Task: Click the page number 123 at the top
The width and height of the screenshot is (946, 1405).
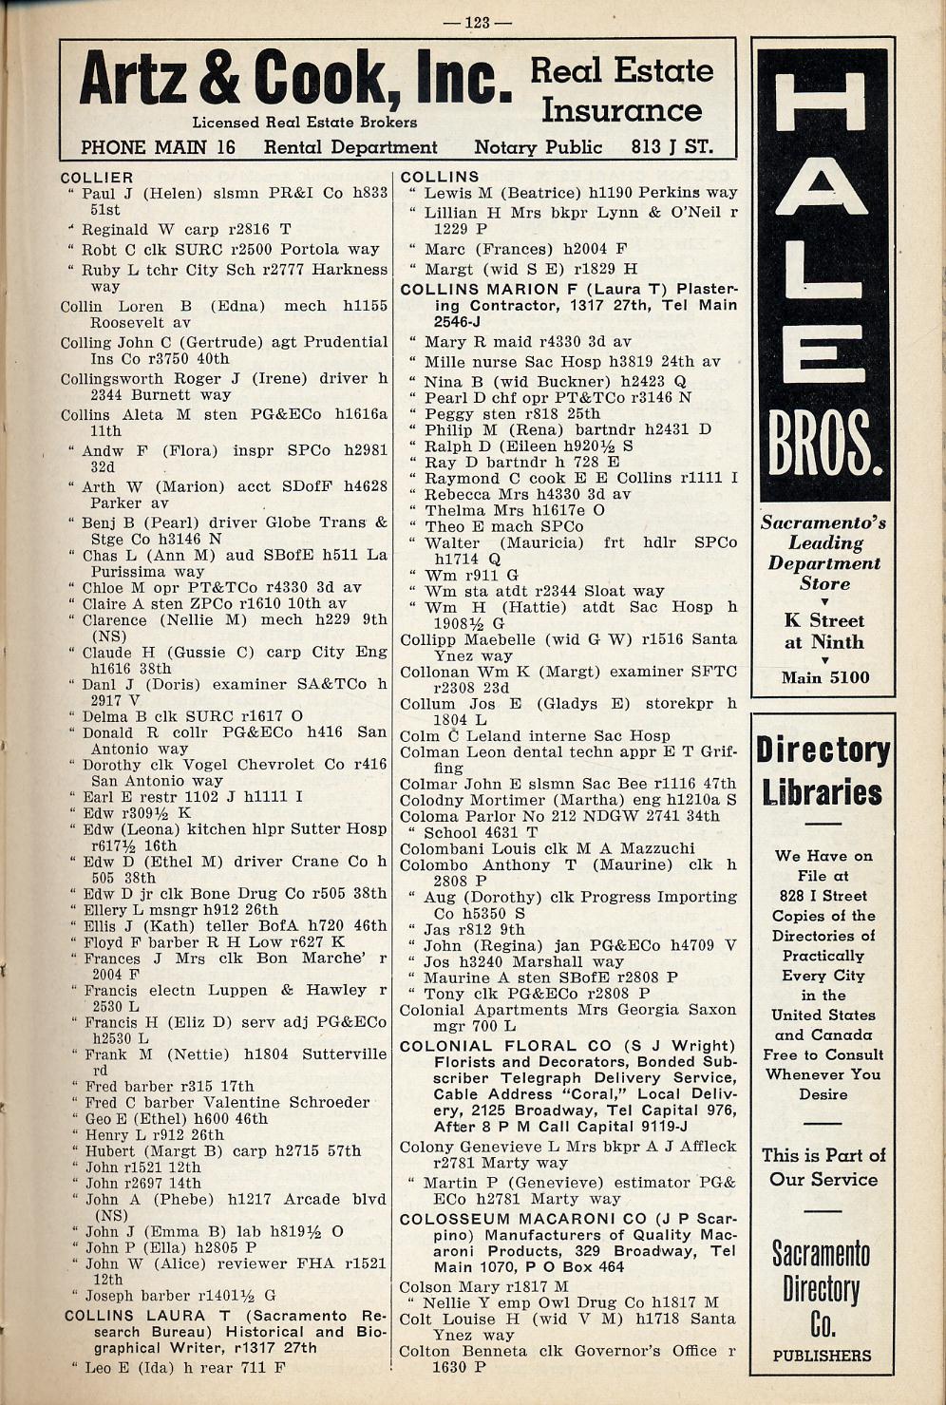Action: coord(477,23)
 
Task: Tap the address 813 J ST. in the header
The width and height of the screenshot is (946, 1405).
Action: coord(672,147)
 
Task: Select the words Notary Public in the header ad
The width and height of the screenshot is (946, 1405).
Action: coord(538,147)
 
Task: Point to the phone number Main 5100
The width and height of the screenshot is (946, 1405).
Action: coord(824,677)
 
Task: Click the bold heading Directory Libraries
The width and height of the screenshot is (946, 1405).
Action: coord(823,771)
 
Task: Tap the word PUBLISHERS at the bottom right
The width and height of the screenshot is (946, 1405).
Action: coord(823,1356)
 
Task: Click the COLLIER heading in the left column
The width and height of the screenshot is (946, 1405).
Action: coord(97,178)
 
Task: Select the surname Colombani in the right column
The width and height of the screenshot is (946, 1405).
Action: coord(441,848)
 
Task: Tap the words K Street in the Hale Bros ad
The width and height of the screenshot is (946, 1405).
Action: coord(823,620)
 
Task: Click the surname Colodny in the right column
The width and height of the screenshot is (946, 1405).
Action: coord(432,800)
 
